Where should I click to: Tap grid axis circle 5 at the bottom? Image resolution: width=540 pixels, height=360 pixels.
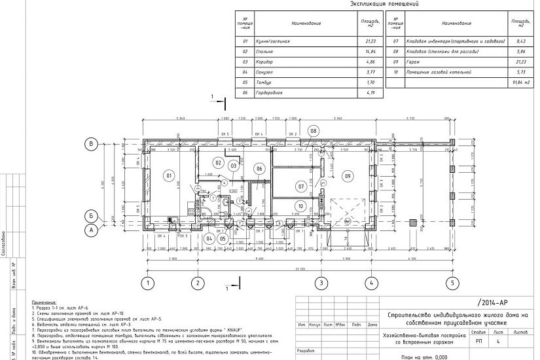pos(451,283)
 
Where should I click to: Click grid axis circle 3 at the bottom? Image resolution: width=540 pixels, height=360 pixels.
pos(321,283)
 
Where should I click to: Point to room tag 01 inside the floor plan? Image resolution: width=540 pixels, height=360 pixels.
pos(168,175)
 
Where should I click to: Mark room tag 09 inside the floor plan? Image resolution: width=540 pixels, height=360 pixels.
pos(348,175)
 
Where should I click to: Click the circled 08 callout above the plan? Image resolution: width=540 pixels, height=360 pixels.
pos(314,131)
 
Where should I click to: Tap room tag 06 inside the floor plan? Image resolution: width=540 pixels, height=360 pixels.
pos(259,170)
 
